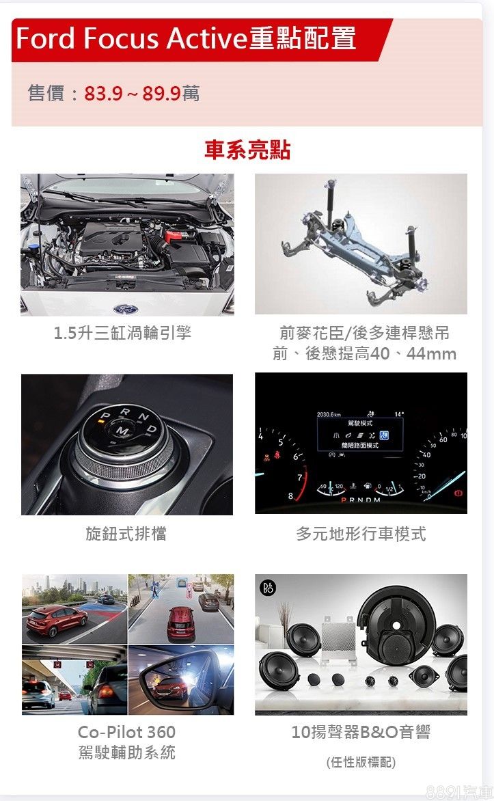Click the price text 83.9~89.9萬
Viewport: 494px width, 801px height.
tap(141, 94)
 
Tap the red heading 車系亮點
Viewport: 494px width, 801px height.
tap(247, 150)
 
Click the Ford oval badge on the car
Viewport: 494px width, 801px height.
tap(126, 309)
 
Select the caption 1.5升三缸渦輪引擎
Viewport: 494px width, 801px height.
tap(122, 333)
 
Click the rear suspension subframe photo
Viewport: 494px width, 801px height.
tap(361, 244)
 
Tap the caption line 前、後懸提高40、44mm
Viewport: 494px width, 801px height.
tap(364, 353)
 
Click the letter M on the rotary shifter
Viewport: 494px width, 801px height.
tap(122, 432)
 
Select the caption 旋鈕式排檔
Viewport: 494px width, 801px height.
tap(126, 534)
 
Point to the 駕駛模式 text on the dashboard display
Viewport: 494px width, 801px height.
tap(359, 423)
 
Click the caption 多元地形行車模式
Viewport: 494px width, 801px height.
tap(361, 534)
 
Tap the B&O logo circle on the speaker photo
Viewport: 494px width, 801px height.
tap(269, 588)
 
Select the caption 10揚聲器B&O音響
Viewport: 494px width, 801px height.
tap(361, 732)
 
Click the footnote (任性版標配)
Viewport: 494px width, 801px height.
tap(361, 762)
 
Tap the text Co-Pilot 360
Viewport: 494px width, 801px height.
tap(126, 732)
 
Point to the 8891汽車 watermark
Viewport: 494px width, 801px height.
tap(459, 792)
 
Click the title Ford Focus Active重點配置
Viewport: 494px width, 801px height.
tap(186, 39)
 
